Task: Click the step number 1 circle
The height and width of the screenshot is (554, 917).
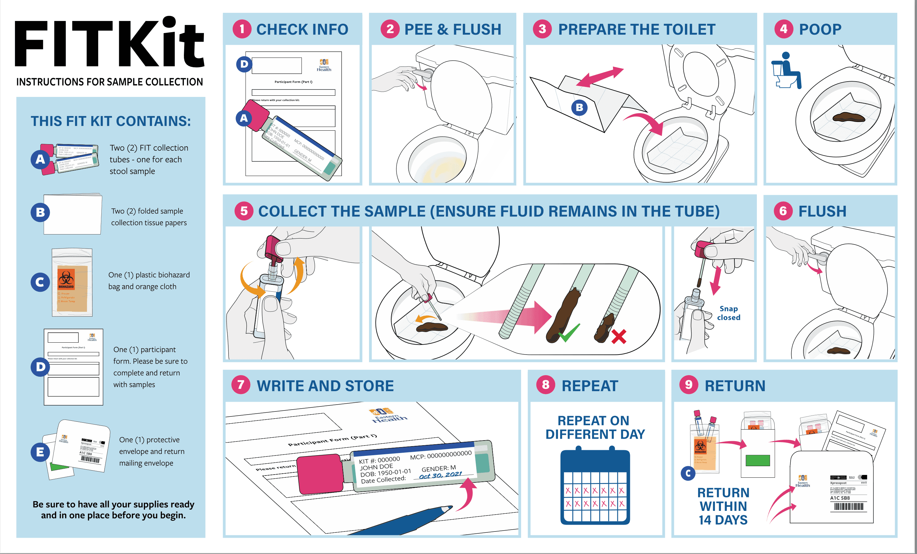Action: click(242, 29)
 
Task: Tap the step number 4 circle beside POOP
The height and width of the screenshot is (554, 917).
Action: click(783, 29)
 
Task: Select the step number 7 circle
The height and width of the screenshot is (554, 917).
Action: click(241, 385)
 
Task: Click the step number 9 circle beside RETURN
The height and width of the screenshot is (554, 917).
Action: click(688, 385)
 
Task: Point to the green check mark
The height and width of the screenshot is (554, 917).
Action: click(569, 332)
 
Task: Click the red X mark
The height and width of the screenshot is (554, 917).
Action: click(619, 337)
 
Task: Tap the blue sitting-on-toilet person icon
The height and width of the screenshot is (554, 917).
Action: click(786, 71)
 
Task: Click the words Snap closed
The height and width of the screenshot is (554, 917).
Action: click(728, 313)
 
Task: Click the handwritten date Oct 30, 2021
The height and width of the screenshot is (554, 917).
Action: click(440, 475)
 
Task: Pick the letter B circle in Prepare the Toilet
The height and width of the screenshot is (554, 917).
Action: click(579, 108)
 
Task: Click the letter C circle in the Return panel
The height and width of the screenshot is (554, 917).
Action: click(688, 473)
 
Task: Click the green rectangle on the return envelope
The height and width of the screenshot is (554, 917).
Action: click(757, 460)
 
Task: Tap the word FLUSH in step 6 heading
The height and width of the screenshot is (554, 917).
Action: click(822, 211)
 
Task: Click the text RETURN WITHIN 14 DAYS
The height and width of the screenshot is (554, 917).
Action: click(723, 506)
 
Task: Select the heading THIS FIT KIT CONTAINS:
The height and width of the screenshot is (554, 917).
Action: click(110, 121)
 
